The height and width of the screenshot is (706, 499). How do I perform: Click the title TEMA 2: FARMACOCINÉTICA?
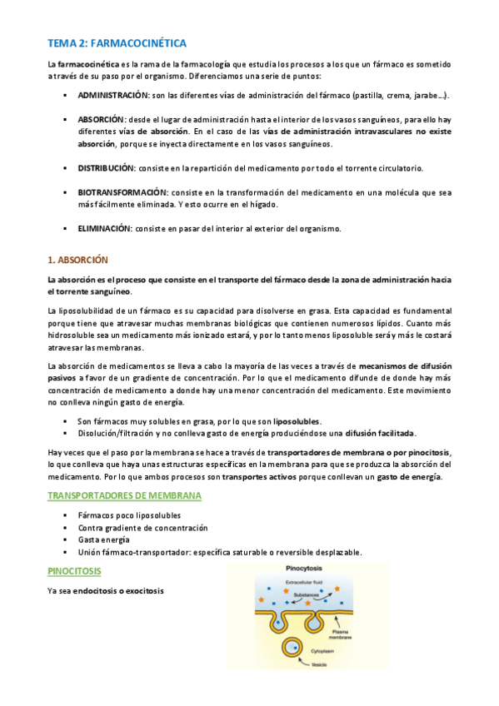117,43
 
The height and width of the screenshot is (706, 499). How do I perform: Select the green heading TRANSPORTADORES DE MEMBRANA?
124,496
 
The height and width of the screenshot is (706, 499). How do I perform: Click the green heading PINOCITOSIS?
76,572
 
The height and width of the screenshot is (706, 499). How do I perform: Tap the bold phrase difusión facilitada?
380,433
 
